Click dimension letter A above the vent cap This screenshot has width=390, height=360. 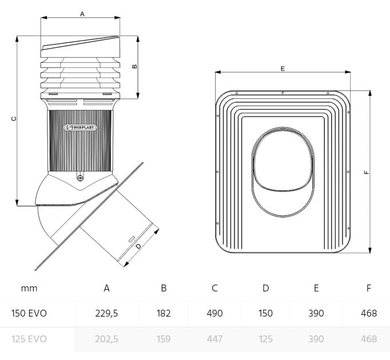[82, 13]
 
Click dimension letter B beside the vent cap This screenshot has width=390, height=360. [134, 66]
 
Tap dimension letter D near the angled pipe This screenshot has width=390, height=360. [139, 246]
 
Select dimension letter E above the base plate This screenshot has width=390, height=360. [282, 68]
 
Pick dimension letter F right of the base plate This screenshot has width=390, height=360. [367, 170]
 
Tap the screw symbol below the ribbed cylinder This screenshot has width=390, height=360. [79, 178]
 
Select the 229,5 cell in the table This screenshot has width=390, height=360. [107, 313]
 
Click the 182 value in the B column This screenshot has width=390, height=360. [164, 313]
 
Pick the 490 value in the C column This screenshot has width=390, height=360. [214, 313]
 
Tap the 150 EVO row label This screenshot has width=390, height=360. [29, 313]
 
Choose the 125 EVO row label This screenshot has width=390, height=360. [29, 339]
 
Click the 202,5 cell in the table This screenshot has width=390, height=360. [107, 339]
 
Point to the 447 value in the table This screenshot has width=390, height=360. [214, 339]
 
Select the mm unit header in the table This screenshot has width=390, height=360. [29, 288]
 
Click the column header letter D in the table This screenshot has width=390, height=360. [265, 288]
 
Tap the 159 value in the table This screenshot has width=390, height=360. [164, 339]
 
